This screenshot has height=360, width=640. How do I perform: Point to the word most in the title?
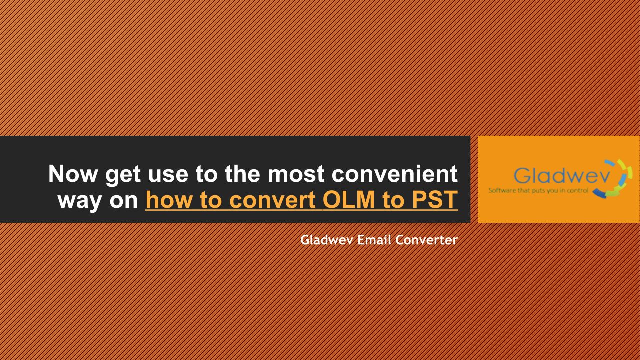[296, 175]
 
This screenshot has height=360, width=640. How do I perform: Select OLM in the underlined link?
[349, 199]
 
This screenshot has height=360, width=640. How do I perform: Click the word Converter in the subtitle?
[427, 240]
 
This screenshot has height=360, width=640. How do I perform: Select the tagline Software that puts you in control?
[538, 190]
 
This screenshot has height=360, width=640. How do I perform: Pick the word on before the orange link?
[124, 201]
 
